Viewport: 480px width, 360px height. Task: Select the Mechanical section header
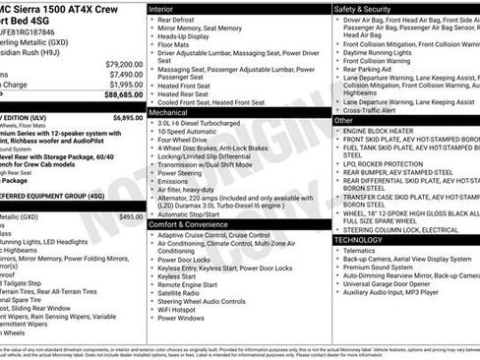click(x=173, y=113)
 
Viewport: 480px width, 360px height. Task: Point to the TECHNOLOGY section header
click(x=358, y=240)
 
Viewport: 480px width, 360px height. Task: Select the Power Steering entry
click(x=180, y=172)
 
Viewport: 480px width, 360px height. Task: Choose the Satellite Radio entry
click(x=181, y=292)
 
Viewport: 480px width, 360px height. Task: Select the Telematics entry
click(x=362, y=251)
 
